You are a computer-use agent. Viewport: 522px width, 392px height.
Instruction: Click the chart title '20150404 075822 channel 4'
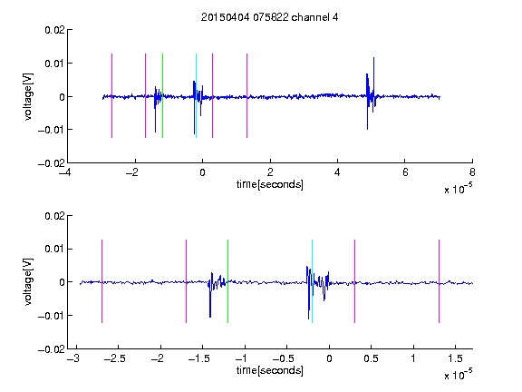coord(270,17)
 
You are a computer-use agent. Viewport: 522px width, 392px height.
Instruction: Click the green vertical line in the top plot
coord(162,95)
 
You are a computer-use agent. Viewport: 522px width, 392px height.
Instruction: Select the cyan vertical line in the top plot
coord(196,95)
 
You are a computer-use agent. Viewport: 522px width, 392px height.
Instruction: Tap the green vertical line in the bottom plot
coord(227,281)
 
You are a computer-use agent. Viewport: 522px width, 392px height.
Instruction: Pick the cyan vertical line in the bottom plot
coord(312,281)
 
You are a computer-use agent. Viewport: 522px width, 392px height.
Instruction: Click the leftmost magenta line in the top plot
coord(111,95)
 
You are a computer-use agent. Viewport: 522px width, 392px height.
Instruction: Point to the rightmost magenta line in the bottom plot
coord(439,281)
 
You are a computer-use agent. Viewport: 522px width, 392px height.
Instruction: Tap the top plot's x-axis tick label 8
coord(472,172)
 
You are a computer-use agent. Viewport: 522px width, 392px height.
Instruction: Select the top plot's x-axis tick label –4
coord(64,172)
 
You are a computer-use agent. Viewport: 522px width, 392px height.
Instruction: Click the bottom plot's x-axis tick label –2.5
coord(115,358)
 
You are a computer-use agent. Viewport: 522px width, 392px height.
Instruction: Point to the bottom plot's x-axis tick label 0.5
coord(372,358)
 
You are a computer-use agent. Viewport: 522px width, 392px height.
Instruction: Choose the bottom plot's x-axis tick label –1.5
coord(199,358)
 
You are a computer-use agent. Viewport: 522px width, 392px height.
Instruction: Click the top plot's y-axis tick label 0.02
coord(54,30)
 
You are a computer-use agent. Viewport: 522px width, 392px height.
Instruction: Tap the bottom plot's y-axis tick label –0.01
coord(52,316)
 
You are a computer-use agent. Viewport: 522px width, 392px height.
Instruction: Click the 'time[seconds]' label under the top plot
coord(270,184)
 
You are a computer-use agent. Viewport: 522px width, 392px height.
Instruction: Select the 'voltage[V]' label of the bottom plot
coord(28,282)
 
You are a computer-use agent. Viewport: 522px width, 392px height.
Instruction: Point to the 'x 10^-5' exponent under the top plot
coord(458,189)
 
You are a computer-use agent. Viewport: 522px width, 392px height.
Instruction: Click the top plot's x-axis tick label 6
coord(405,172)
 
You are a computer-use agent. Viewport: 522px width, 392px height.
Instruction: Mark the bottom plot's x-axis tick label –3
coord(72,358)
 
